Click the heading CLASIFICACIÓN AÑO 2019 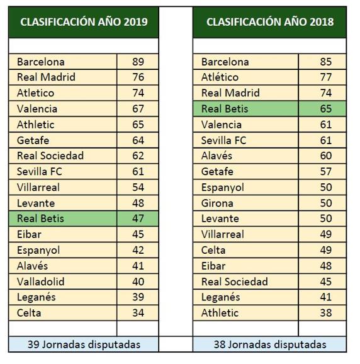tap(84, 22)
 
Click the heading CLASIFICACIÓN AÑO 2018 tap(270, 22)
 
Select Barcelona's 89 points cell tap(138, 62)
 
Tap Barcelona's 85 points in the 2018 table tap(322, 62)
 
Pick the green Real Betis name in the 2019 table tap(41, 219)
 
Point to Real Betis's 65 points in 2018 tap(322, 109)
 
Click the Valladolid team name tap(41, 282)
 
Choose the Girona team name tap(217, 203)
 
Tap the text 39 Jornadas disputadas tap(84, 344)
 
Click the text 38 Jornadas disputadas tap(270, 344)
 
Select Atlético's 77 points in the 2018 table tap(322, 77)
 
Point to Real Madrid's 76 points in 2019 tap(138, 77)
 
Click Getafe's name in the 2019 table tap(33, 140)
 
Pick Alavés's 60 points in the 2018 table tap(322, 156)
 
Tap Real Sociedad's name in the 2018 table tap(235, 282)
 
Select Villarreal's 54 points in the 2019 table tap(138, 187)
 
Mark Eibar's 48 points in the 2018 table tap(322, 266)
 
